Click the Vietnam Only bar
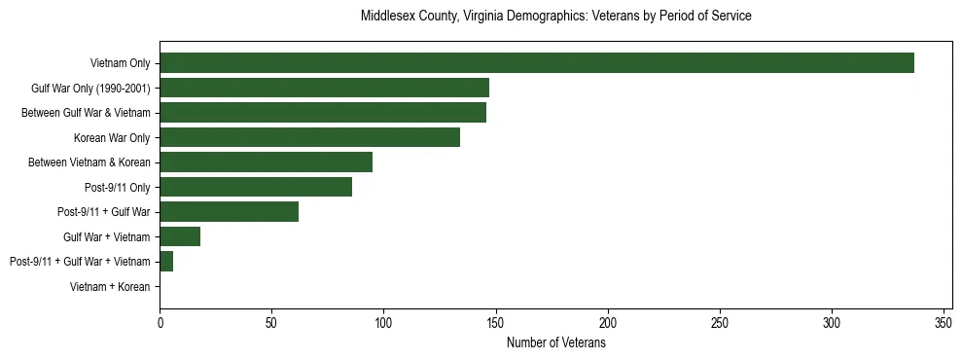(536, 63)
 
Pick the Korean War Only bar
(309, 137)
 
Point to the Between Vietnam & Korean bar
(266, 162)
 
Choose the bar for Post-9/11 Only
(256, 187)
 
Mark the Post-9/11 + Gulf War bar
(229, 212)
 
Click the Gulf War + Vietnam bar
(180, 236)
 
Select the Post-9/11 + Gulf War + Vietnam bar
(166, 262)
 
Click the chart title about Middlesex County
(555, 17)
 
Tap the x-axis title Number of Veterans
(555, 342)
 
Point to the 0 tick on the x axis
(160, 323)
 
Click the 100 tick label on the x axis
(383, 323)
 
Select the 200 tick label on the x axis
(608, 323)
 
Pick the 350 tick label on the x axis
(944, 323)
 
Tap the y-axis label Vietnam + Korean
(110, 287)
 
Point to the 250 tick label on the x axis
(720, 323)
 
